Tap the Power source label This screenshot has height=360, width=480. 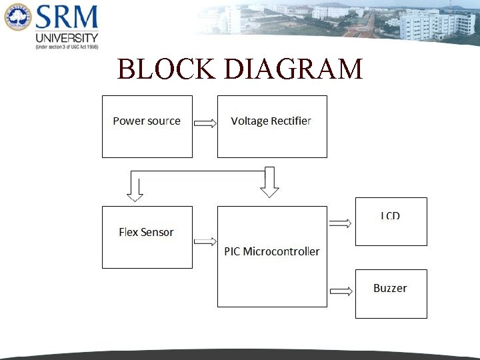pyautogui.click(x=147, y=121)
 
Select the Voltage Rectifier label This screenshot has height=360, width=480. pyautogui.click(x=271, y=121)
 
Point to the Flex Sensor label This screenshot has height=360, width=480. pyautogui.click(x=146, y=232)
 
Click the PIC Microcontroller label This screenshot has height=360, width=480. pyautogui.click(x=271, y=251)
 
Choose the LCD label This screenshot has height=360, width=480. pyautogui.click(x=391, y=216)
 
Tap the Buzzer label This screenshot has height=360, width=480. pyautogui.click(x=390, y=288)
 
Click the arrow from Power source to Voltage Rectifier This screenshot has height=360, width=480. pyautogui.click(x=205, y=123)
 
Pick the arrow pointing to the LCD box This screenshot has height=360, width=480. pyautogui.click(x=341, y=223)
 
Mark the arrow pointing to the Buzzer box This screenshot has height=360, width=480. pyautogui.click(x=341, y=291)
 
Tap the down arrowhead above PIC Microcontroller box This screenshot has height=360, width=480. pyautogui.click(x=269, y=189)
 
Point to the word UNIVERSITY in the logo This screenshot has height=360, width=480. pyautogui.click(x=67, y=38)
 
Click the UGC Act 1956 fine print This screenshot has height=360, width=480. pyautogui.click(x=67, y=47)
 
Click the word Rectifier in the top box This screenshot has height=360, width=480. pyautogui.click(x=291, y=121)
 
